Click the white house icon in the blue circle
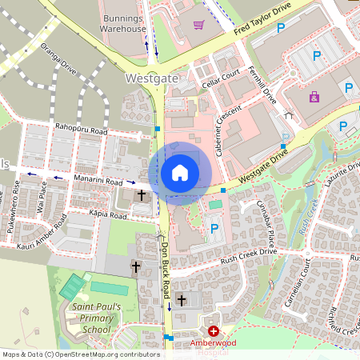(180, 172)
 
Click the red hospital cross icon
(213, 330)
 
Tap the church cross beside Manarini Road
(142, 194)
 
